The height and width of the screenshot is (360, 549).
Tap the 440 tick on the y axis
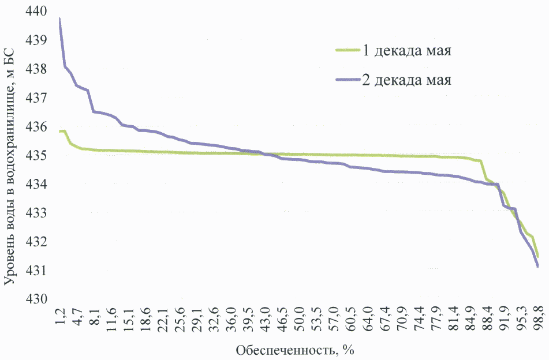coord(36,12)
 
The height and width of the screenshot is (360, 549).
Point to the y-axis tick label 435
coord(36,156)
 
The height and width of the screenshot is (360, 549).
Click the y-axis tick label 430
coord(36,299)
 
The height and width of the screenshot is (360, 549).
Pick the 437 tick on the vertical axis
coord(36,98)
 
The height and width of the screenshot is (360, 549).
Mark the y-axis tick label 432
coord(36,242)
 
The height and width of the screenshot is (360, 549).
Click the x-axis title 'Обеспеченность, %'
coord(287,350)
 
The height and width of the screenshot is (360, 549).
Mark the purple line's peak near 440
coord(59,19)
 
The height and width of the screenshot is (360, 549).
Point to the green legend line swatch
coord(347,50)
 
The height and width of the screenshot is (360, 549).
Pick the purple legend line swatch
coord(347,80)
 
